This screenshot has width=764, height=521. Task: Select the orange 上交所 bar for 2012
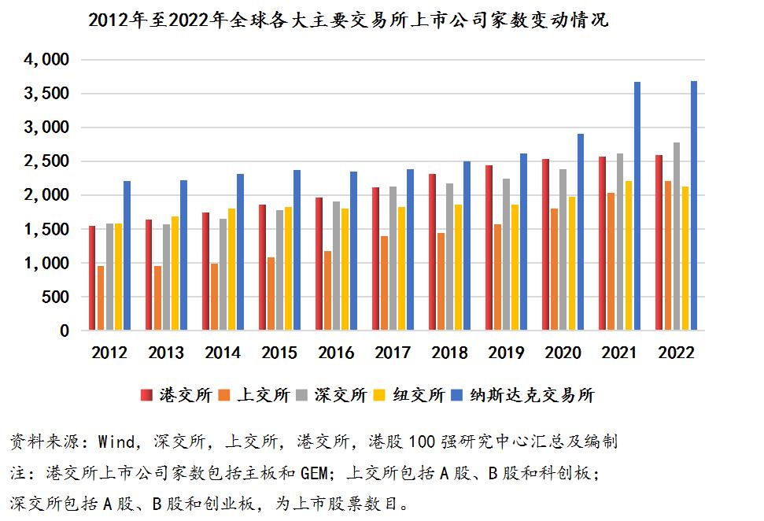(x=100, y=298)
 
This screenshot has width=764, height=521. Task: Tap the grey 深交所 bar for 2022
(x=677, y=236)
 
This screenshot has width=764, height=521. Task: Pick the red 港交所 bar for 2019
(x=489, y=248)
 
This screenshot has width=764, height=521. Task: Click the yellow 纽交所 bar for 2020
(x=571, y=264)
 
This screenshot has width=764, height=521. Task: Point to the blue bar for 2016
(x=354, y=251)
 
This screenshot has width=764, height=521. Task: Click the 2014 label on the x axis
(x=223, y=353)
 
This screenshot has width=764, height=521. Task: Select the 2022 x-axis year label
(x=676, y=353)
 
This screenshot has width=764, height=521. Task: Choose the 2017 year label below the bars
(x=393, y=353)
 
